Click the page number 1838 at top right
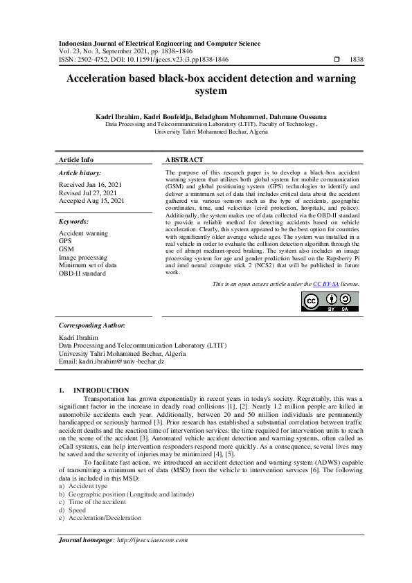tap(357, 60)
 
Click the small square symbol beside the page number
tap(337, 60)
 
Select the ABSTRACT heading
tap(184, 160)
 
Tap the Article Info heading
tap(76, 160)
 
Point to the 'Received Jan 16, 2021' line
tap(90, 185)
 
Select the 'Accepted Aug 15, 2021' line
tap(91, 200)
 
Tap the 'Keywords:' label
tap(73, 222)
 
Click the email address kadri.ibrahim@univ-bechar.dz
tap(111, 361)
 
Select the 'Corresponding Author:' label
tap(91, 325)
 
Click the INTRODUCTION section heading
tap(100, 391)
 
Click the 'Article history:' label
tap(80, 172)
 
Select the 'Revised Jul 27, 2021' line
tap(89, 192)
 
